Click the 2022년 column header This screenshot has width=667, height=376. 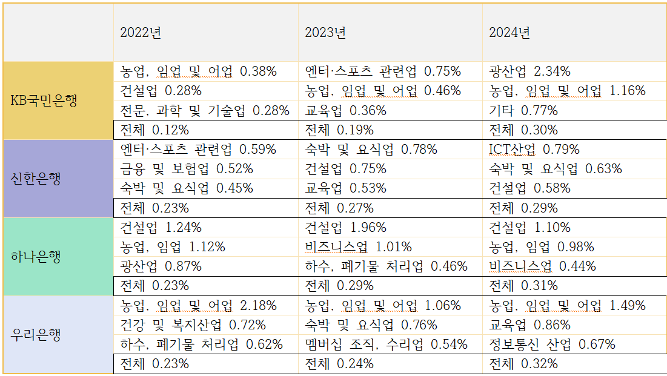tap(141, 33)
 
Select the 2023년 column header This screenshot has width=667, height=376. tap(325, 33)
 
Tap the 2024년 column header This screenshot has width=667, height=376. tap(509, 33)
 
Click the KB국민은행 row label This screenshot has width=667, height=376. tap(44, 101)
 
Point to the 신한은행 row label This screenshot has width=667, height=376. tap(36, 179)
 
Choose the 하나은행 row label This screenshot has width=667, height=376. tap(36, 256)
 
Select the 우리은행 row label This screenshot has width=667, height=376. tap(36, 334)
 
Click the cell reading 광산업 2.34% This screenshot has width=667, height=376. tap(530, 71)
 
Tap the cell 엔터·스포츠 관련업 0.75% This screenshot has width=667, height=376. tap(383, 71)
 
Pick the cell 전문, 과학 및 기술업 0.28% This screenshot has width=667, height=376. tap(205, 111)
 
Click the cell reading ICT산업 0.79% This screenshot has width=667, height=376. tap(534, 150)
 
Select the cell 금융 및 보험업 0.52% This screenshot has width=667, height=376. tap(187, 169)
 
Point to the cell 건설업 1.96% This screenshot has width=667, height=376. tap(345, 228)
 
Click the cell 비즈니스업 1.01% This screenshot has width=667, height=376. tap(358, 247)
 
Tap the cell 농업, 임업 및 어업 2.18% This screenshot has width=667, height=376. tap(199, 306)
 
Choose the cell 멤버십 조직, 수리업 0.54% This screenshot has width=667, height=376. tap(386, 345)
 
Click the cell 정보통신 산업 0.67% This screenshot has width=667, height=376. tap(552, 345)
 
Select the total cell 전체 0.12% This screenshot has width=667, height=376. tap(154, 130)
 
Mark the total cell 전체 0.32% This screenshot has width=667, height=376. tap(523, 364)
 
